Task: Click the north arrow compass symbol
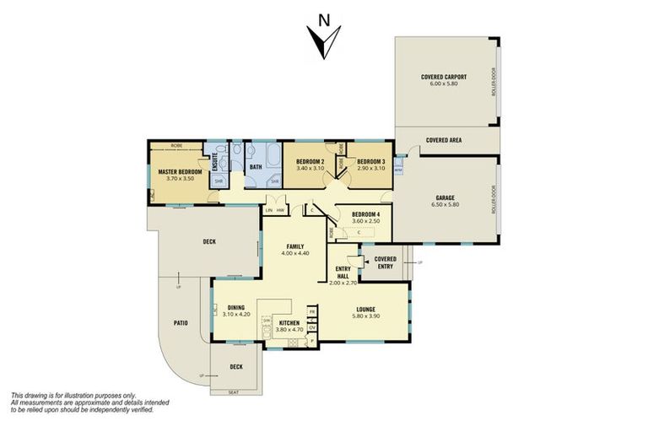(323, 39)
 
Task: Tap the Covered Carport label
(444, 77)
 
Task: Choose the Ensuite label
(215, 160)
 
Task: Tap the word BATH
(256, 167)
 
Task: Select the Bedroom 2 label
(310, 161)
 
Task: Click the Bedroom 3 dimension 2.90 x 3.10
(370, 168)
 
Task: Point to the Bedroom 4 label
(365, 214)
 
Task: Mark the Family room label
(294, 246)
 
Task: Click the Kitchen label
(287, 323)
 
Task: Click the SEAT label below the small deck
(235, 392)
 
